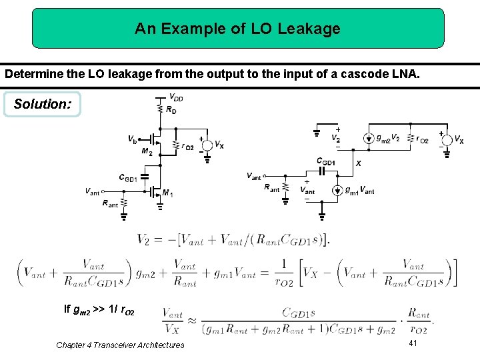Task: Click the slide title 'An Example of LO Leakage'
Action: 237,29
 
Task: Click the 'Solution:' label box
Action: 41,105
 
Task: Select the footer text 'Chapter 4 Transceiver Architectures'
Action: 120,345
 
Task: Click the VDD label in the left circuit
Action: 177,98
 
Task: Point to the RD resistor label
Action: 171,109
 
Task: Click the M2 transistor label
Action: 146,151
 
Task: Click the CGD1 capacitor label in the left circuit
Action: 128,178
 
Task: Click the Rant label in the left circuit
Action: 110,205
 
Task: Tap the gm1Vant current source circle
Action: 338,190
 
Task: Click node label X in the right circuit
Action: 359,163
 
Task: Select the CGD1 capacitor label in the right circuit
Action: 327,161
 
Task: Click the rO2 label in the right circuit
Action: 421,139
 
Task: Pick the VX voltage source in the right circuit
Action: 446,139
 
